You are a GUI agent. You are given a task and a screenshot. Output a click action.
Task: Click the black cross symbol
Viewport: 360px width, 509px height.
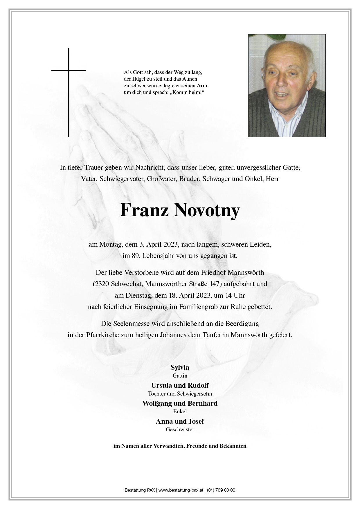pos(69,87)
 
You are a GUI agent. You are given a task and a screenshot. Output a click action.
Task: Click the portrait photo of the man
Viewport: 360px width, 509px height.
pos(287,86)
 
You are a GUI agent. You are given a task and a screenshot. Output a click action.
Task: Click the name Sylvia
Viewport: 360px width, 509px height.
pos(180,367)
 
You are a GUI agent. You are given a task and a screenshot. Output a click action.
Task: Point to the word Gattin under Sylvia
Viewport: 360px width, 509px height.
pos(180,376)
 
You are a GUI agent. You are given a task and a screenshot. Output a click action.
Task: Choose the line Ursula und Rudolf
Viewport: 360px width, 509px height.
pos(180,385)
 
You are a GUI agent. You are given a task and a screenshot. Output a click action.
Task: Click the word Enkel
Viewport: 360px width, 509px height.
pos(180,411)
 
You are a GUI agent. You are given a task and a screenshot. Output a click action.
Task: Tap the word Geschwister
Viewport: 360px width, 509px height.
pos(180,429)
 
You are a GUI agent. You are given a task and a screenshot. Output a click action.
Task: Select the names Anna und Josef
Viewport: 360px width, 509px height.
pos(180,421)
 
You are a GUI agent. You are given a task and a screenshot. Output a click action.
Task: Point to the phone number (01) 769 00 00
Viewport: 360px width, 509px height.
pos(221,490)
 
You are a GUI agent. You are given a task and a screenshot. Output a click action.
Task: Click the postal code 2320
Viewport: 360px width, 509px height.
pos(101,284)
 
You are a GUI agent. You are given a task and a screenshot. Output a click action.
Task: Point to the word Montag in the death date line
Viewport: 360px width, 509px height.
pos(111,244)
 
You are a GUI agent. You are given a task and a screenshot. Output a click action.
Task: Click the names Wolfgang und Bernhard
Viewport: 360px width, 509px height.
pos(180,403)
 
